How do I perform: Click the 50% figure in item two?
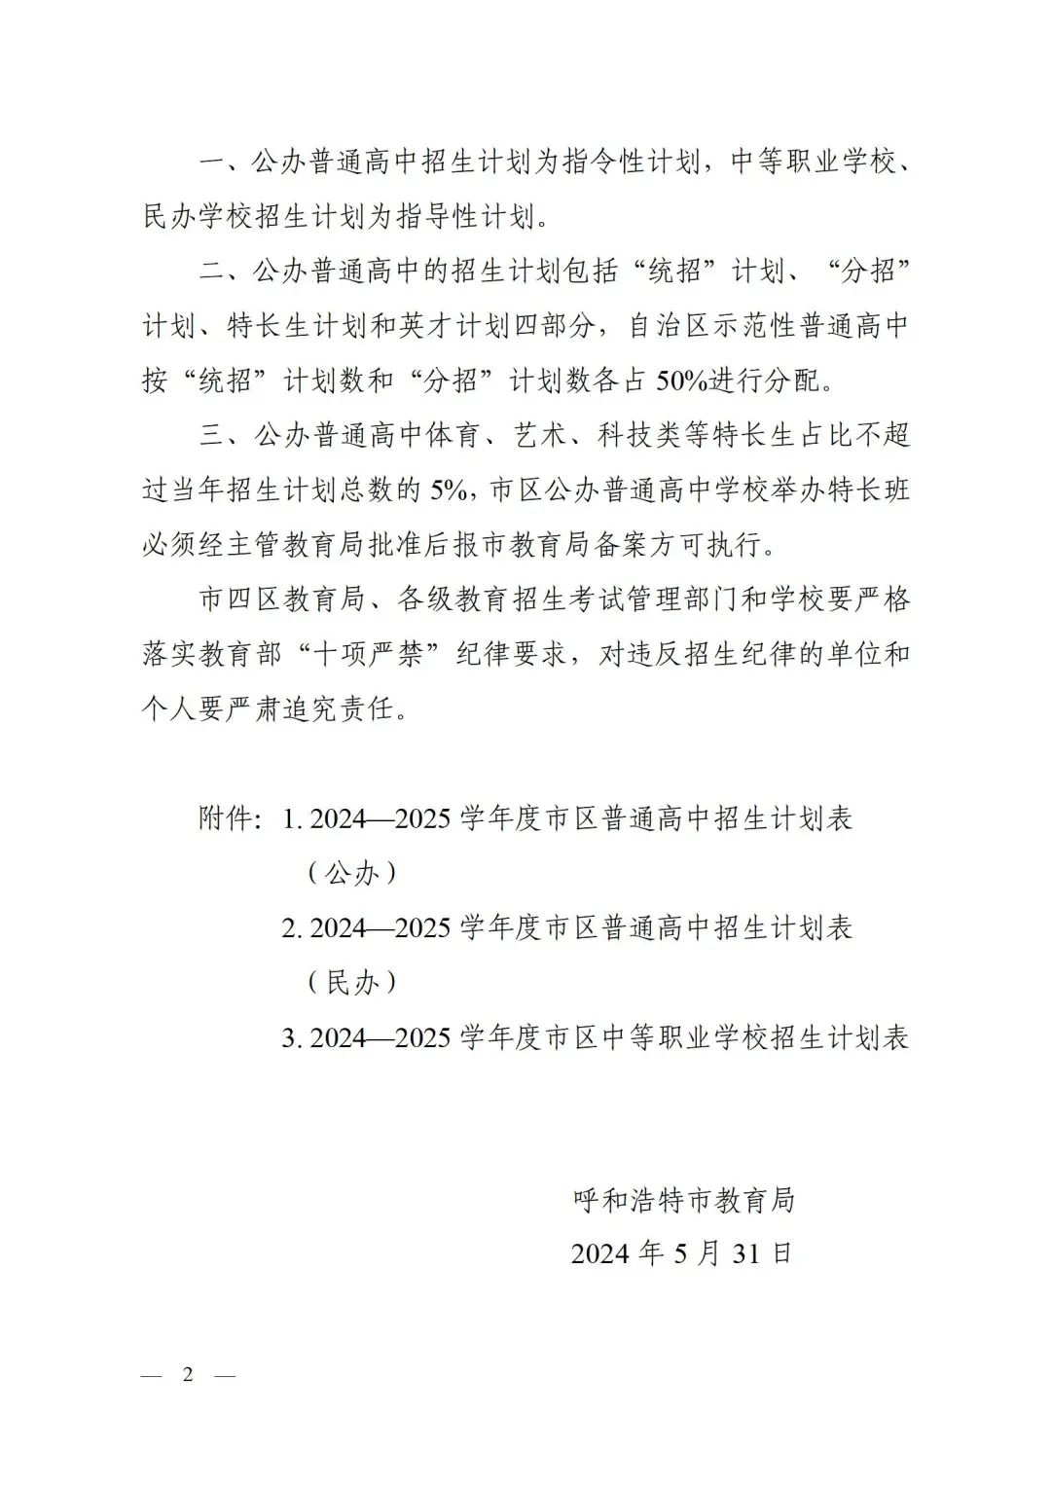pos(681,381)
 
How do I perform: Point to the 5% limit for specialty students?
pos(449,490)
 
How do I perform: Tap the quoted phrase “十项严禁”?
pos(370,654)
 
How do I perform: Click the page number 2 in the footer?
pos(188,1374)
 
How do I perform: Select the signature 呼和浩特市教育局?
pos(684,1200)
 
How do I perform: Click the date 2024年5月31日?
pos(682,1253)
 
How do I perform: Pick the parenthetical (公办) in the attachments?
pos(352,873)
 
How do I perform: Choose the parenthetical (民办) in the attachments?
pos(352,982)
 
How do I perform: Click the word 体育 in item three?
pos(453,435)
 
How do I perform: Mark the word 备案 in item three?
pos(621,544)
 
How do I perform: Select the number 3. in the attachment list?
pos(292,1037)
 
